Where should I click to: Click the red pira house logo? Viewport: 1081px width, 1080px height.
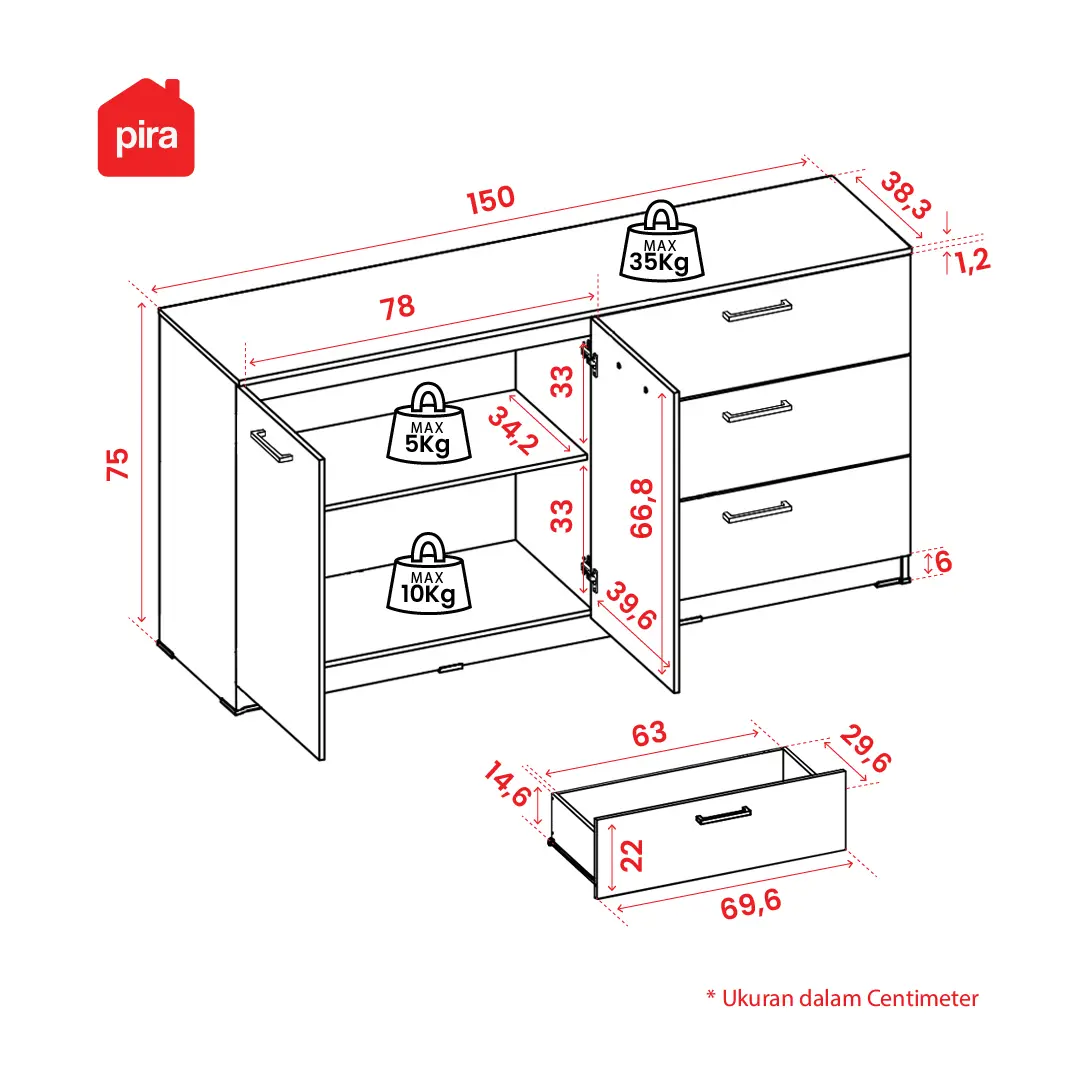146,128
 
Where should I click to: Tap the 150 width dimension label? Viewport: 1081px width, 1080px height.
490,200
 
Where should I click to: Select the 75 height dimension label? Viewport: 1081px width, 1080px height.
118,464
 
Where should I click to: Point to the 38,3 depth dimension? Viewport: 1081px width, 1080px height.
906,195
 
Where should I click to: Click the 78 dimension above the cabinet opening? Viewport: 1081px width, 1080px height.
397,307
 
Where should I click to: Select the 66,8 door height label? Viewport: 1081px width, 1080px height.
641,508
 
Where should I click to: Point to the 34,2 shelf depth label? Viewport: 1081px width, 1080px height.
513,431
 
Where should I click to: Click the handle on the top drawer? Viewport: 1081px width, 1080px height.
757,311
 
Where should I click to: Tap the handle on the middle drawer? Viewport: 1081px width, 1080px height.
757,411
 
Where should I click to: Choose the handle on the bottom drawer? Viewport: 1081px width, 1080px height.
757,512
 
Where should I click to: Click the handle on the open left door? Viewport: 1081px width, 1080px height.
271,446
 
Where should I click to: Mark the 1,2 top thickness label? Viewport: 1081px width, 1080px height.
972,261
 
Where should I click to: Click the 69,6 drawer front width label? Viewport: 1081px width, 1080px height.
751,904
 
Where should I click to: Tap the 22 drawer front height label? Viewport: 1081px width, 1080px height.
632,855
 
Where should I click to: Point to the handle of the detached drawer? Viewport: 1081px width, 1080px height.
723,815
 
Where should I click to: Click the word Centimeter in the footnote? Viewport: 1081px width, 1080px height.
922,998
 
